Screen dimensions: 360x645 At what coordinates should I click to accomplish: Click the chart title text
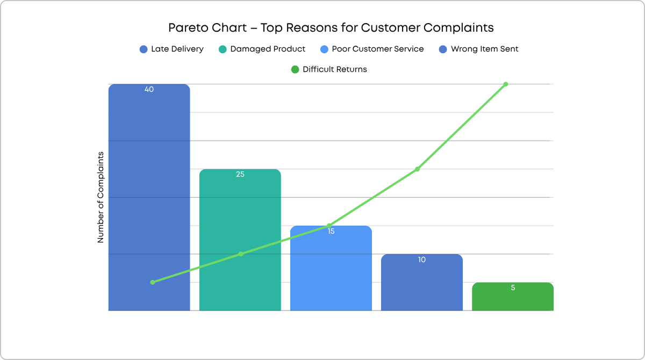pyautogui.click(x=331, y=27)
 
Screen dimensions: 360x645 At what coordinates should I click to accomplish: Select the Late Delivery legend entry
pyautogui.click(x=171, y=49)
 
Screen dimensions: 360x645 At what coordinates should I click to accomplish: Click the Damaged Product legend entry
pyautogui.click(x=262, y=49)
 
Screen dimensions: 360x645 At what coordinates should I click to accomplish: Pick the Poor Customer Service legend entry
pyautogui.click(x=371, y=49)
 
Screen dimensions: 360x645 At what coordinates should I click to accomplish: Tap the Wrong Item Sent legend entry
pyautogui.click(x=478, y=49)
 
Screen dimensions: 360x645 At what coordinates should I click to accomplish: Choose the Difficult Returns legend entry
pyautogui.click(x=328, y=69)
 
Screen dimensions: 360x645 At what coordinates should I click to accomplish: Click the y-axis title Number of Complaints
pyautogui.click(x=101, y=197)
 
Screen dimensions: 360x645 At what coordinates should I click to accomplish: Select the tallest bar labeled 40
pyautogui.click(x=149, y=204)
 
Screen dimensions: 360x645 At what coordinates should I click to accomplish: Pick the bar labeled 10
pyautogui.click(x=421, y=285)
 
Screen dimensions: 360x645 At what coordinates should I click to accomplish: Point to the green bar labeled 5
pyautogui.click(x=512, y=298)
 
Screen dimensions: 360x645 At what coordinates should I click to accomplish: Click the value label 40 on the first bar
pyautogui.click(x=149, y=90)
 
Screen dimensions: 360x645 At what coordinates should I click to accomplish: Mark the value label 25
pyautogui.click(x=240, y=175)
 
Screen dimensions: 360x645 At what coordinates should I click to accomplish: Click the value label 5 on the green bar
pyautogui.click(x=512, y=287)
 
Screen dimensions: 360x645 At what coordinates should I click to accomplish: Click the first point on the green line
pyautogui.click(x=153, y=282)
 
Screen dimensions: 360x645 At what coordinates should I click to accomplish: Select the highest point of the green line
pyautogui.click(x=506, y=84)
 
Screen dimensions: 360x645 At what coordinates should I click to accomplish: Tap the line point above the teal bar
pyautogui.click(x=241, y=254)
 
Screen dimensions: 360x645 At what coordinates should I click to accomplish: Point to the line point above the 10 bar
pyautogui.click(x=418, y=169)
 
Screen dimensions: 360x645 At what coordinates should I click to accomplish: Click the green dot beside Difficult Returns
pyautogui.click(x=295, y=69)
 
